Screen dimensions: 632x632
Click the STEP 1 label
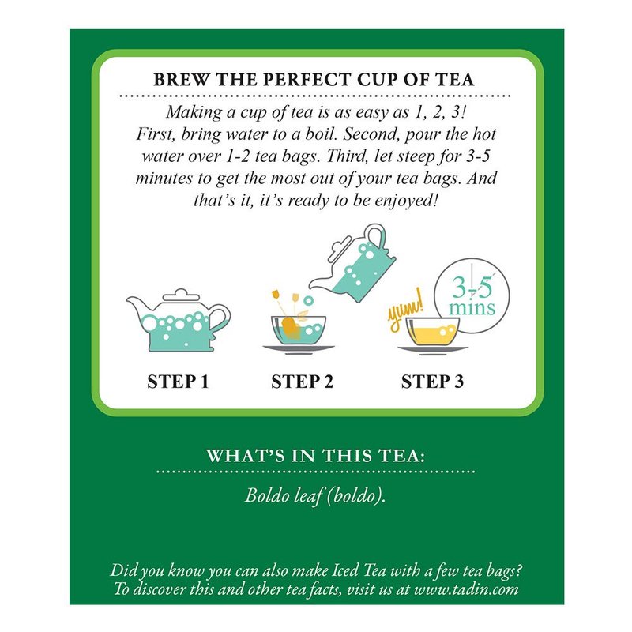pyautogui.click(x=178, y=382)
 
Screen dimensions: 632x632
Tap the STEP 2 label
pyautogui.click(x=303, y=382)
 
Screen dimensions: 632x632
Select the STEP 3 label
pyautogui.click(x=432, y=382)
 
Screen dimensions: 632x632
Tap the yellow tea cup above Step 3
pyautogui.click(x=432, y=331)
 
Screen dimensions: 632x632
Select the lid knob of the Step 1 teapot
pyautogui.click(x=181, y=292)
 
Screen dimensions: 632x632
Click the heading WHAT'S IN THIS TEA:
pyautogui.click(x=315, y=456)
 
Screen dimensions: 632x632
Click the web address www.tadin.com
pyautogui.click(x=466, y=589)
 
